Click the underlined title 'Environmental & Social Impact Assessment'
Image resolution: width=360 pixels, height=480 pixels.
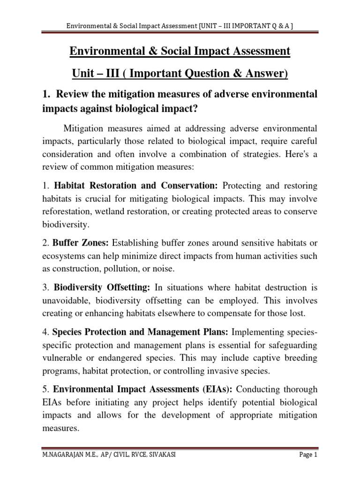tap(180, 51)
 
